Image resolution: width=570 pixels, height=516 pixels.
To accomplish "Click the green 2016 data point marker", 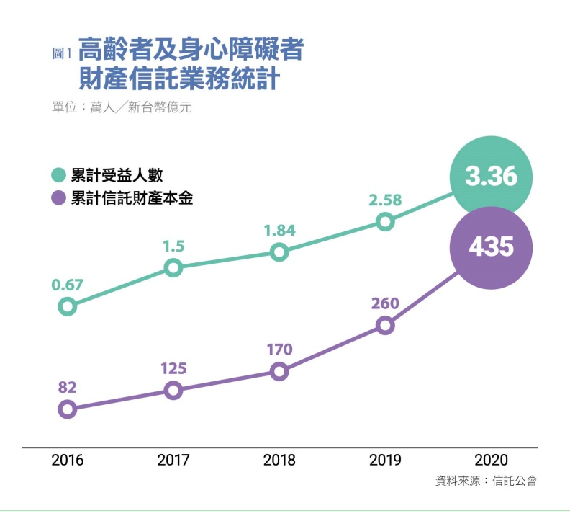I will click(67, 306).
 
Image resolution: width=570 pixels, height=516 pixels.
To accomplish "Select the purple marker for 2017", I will click(173, 391).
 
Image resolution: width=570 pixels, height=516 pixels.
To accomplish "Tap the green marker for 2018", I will click(279, 252).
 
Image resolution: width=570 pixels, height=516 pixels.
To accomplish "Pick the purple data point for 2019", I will click(385, 326).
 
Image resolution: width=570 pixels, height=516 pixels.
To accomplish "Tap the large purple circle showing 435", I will click(492, 247).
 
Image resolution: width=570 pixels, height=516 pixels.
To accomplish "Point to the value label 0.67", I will click(67, 285).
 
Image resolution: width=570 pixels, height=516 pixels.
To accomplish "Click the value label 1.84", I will click(279, 231).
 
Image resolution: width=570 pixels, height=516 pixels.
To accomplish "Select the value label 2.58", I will click(385, 200).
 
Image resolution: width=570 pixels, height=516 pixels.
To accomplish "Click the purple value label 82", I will click(67, 388).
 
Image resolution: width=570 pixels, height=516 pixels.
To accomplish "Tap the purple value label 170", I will click(279, 350).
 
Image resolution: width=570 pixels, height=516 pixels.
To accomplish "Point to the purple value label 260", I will click(385, 303).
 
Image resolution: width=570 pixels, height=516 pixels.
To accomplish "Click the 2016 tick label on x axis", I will click(67, 460).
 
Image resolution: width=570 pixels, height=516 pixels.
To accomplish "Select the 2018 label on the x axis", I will click(279, 460).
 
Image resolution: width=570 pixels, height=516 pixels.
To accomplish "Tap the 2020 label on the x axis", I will click(492, 460).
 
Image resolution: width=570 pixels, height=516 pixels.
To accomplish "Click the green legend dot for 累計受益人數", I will click(58, 175).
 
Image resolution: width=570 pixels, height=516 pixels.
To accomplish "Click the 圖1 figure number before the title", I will click(63, 53).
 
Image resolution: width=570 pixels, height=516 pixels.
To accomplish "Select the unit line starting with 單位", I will click(122, 107).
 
